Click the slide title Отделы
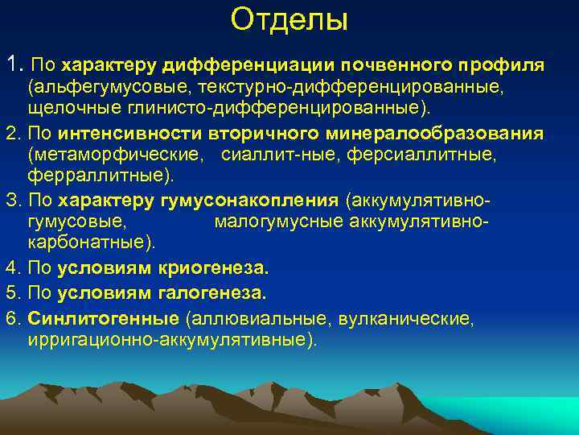[x=289, y=20]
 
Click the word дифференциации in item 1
[x=251, y=64]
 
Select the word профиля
[x=504, y=64]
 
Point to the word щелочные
[x=68, y=107]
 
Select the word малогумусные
[x=266, y=221]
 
